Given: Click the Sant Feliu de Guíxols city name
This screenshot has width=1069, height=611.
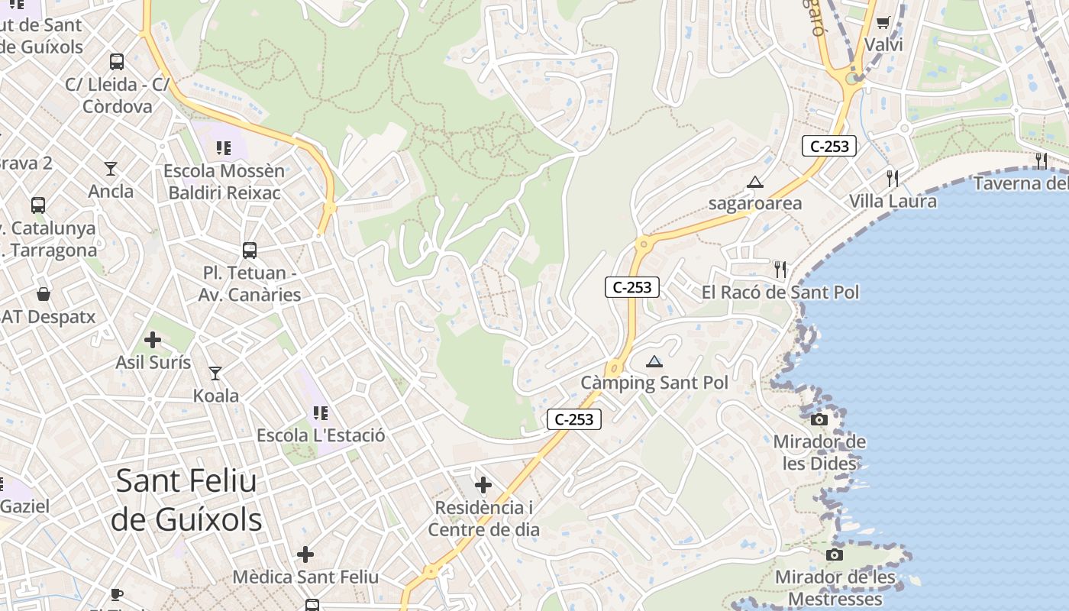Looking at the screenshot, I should pos(186,500).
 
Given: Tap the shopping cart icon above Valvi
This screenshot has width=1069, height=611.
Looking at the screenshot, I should pos(883,22).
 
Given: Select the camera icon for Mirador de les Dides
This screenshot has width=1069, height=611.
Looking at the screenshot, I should pos(819,419).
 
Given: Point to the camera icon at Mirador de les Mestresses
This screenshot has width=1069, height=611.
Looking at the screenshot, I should pos(835,554).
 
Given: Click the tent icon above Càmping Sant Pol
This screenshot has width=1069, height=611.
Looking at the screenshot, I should pos(654,361).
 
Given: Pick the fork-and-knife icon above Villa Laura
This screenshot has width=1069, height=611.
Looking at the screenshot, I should pos(892,178).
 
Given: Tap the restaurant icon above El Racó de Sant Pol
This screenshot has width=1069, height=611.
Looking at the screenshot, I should pos(780,269).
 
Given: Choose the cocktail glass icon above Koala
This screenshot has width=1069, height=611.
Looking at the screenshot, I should pos(215,373).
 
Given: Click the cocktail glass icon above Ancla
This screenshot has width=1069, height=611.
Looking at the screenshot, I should pos(111,169).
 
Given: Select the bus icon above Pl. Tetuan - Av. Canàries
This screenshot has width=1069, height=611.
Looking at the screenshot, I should pos(250,250).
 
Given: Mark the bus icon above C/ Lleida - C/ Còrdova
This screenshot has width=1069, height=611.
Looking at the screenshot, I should pos(117,62).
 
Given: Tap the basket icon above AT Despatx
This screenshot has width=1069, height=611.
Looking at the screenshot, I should pos(44,294).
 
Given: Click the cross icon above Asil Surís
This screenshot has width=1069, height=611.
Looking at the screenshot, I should pos(153,340).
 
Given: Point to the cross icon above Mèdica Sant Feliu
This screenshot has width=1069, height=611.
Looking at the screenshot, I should pos(305,554).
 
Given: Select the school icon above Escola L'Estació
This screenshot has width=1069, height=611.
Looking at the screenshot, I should pos(321,413).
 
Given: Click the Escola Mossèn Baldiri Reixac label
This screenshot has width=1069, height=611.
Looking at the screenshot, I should pos(224,182).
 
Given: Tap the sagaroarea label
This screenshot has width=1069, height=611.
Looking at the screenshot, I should pos(755,203).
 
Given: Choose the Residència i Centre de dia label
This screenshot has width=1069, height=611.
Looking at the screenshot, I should pos(483,519).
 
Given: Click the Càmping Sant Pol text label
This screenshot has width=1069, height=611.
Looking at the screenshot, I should pos(654,383).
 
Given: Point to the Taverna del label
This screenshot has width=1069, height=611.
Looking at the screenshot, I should pos(1020,183).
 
